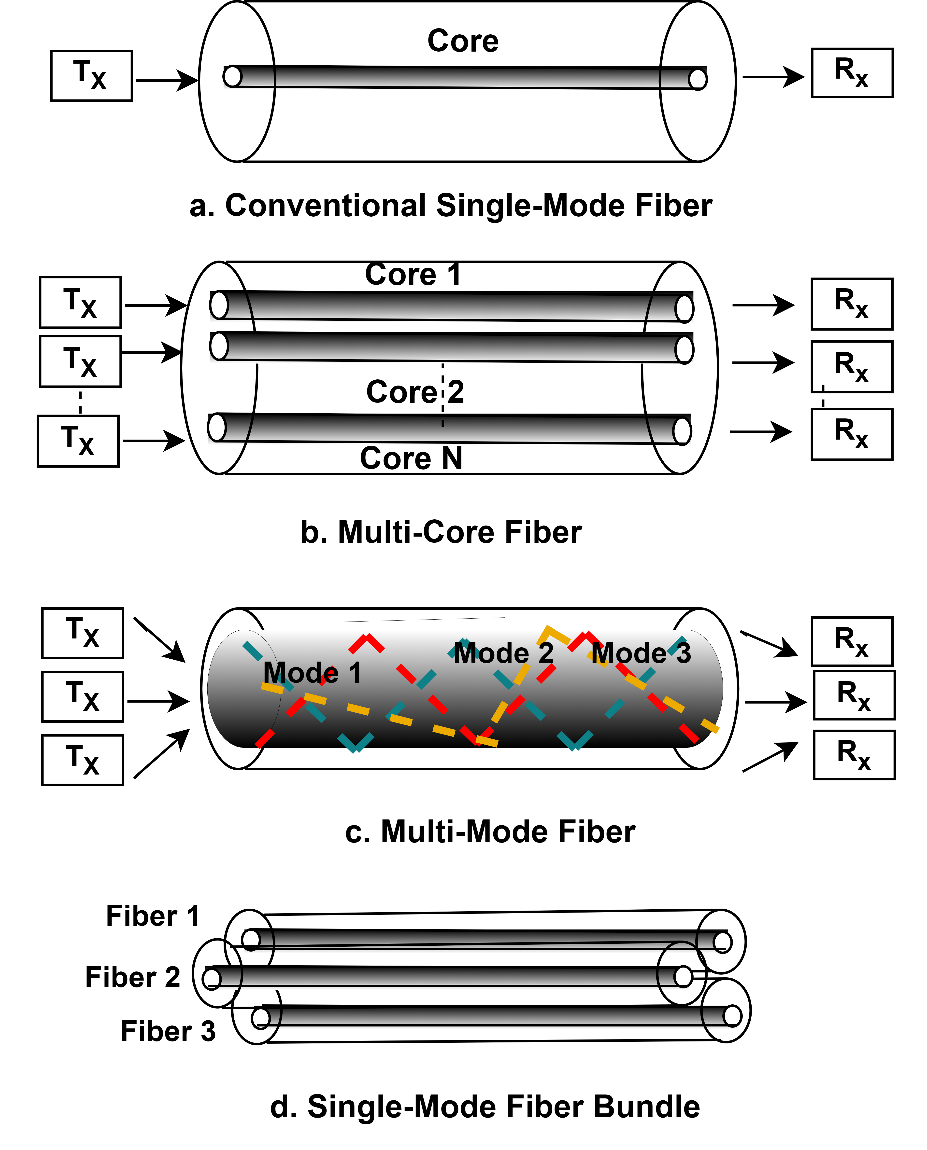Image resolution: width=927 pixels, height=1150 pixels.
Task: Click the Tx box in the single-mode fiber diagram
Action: coord(91,76)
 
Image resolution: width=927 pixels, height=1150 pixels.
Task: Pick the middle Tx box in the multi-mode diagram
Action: coord(83,696)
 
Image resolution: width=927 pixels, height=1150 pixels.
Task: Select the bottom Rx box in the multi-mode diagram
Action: coord(854,755)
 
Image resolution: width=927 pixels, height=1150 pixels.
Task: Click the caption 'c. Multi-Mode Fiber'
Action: coord(490,832)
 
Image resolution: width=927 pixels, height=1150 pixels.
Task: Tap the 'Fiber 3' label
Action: coord(168,1031)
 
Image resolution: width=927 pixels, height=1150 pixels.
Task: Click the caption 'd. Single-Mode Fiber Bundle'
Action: coord(485,1107)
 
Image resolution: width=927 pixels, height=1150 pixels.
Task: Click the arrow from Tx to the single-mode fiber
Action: coord(167,81)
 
